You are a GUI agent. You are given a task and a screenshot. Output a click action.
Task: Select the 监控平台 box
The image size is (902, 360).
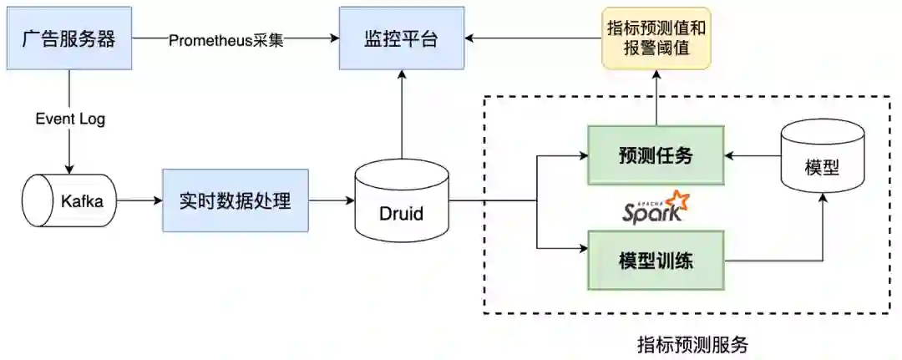[x=402, y=38]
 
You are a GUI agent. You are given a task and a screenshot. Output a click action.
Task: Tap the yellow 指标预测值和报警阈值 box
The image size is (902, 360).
[x=656, y=38]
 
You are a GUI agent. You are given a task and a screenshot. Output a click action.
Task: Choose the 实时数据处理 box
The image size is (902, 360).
[x=236, y=200]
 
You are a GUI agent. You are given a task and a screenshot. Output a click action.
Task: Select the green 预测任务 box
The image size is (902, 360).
[x=656, y=155]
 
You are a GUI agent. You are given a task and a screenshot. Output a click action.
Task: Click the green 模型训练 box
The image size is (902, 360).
[x=656, y=260]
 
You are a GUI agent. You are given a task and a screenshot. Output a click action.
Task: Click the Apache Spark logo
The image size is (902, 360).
[x=656, y=207]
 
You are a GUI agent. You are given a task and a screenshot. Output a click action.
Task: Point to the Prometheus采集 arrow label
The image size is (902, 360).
[x=226, y=39]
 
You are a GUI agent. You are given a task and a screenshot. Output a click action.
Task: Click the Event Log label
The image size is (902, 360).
[x=70, y=119]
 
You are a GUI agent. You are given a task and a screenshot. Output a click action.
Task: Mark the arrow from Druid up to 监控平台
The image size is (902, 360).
[x=402, y=117]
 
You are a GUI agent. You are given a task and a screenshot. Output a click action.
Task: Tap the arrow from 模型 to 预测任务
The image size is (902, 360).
[x=752, y=155]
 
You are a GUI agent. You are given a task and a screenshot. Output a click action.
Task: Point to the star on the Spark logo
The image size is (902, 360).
[x=677, y=201]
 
